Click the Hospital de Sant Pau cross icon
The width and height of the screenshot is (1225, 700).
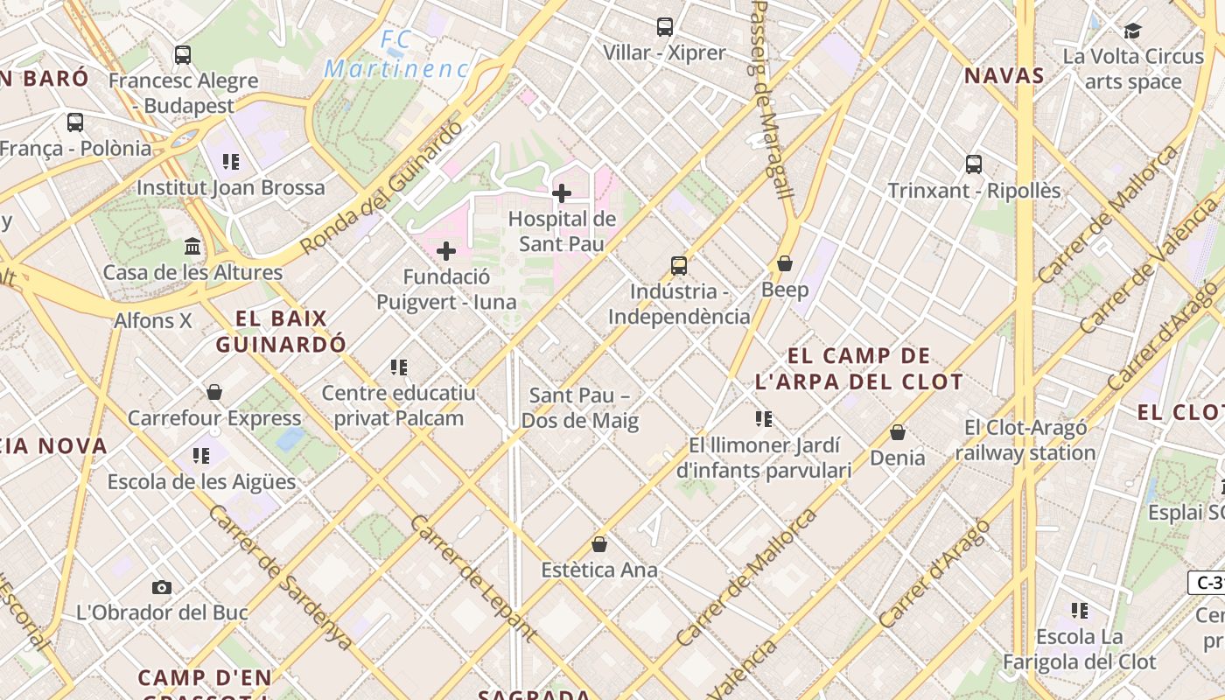tap(562, 193)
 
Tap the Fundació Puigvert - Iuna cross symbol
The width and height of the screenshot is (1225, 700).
tap(446, 252)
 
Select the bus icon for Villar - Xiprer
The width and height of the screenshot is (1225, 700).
tap(665, 27)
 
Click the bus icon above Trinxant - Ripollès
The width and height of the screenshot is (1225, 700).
tap(974, 164)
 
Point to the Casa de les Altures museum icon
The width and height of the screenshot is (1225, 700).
tap(192, 247)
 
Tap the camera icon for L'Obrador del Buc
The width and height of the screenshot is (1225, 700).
tap(162, 587)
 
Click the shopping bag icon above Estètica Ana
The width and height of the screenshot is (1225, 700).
tap(599, 544)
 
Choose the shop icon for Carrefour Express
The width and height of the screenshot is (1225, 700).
tap(214, 392)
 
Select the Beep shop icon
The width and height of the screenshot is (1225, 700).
tap(785, 263)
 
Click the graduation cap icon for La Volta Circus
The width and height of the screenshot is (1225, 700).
tap(1133, 31)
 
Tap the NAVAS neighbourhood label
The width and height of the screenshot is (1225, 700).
tap(1004, 76)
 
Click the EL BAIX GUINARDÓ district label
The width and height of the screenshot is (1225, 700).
tap(281, 331)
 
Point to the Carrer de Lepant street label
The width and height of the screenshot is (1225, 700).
tap(472, 577)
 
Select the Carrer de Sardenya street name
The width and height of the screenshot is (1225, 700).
tap(280, 577)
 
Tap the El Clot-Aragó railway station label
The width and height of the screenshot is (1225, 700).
tap(1025, 440)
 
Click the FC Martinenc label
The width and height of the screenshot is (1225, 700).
tap(396, 54)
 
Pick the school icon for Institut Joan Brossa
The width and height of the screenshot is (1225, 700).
tap(231, 161)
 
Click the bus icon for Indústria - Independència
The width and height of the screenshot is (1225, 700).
tap(679, 266)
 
